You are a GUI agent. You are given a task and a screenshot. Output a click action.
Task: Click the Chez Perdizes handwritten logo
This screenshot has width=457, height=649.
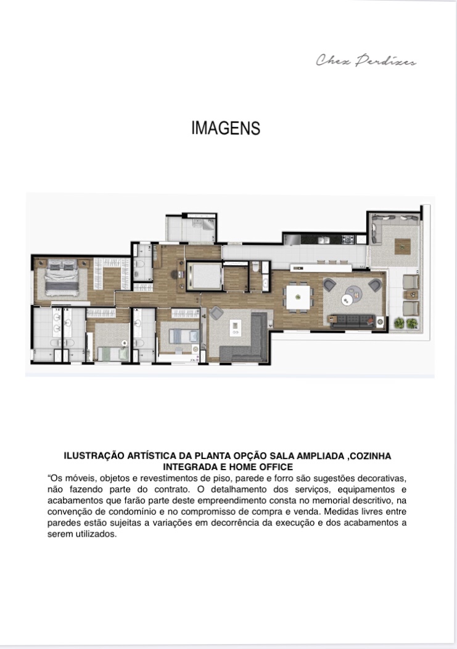[366, 60]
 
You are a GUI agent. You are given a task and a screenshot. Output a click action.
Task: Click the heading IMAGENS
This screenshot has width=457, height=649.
[226, 128]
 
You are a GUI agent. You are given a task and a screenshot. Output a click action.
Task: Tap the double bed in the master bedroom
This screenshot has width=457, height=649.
[62, 278]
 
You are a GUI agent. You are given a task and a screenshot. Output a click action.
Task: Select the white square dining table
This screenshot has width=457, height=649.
[298, 297]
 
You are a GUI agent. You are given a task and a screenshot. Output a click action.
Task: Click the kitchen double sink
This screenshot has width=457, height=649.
[323, 239]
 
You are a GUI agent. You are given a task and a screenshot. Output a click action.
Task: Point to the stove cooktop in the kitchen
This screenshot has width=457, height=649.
[347, 239]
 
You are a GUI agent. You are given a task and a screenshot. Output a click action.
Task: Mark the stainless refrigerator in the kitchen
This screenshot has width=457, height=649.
[292, 239]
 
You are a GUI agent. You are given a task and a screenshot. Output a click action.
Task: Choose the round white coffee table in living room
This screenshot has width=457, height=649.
[347, 300]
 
